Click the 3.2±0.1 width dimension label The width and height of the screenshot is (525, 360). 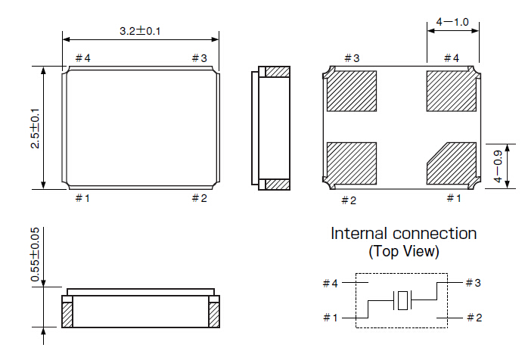click(141, 31)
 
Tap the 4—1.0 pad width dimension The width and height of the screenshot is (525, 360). click(453, 23)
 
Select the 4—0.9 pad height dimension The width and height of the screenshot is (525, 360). click(497, 166)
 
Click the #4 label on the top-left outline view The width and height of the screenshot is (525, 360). click(82, 58)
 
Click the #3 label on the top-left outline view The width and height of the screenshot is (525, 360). click(198, 58)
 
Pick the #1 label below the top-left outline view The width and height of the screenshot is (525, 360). click(82, 198)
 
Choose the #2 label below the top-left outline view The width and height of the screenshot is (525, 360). click(198, 198)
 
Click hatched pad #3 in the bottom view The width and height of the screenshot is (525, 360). click(352, 92)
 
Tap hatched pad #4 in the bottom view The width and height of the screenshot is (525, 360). click(452, 92)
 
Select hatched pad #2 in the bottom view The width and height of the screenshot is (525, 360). click(352, 163)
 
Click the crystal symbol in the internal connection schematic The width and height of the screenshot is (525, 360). click(402, 300)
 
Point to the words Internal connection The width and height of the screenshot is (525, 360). click(403, 234)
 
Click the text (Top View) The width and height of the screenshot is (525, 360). click(403, 251)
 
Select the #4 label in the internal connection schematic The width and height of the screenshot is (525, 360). click(330, 284)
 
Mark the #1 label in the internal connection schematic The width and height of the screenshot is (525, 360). click(330, 318)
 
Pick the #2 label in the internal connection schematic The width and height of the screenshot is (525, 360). click(473, 318)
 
